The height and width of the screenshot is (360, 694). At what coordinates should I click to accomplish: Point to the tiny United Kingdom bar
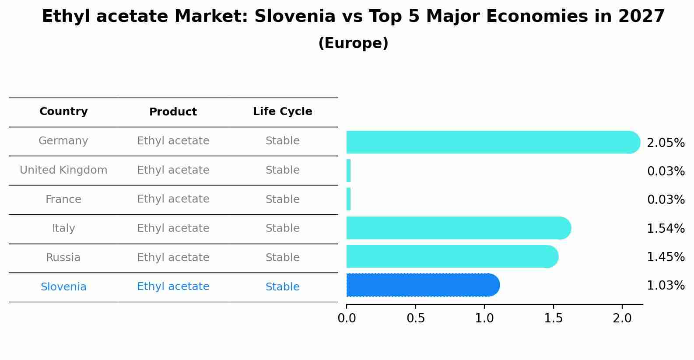pos(349,171)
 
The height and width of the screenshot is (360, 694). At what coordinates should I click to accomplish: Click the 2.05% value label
pos(666,143)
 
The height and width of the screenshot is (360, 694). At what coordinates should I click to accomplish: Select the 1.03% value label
pos(666,286)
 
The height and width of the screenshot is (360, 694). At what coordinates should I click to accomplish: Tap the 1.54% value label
pos(666,228)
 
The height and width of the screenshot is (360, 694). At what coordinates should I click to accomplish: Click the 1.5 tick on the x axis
pos(553,318)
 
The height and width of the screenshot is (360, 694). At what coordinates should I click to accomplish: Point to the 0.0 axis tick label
pos(347,318)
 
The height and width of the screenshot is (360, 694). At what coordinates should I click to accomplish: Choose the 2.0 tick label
pos(622,318)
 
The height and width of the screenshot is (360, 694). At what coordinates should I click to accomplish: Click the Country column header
pos(63,112)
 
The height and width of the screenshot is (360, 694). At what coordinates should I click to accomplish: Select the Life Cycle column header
pos(282,112)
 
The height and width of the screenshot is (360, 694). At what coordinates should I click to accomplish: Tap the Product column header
pos(173,112)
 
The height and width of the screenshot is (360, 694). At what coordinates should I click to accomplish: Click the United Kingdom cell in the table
pos(63,170)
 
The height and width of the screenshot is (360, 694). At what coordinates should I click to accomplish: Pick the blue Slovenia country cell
pos(63,287)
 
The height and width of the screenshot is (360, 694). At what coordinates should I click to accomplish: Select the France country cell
pos(63,199)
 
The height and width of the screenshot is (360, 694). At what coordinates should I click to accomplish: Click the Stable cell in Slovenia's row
pos(282,287)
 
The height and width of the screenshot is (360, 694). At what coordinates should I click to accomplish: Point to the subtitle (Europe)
pos(353,43)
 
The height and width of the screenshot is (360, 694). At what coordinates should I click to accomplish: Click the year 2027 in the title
pos(641,17)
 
